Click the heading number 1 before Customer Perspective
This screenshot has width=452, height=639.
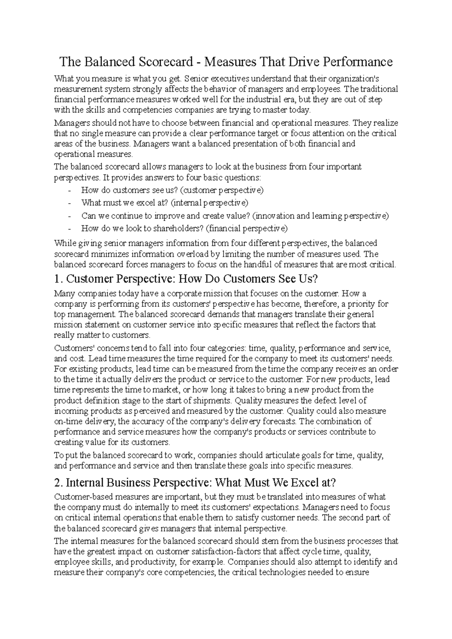pos(57,279)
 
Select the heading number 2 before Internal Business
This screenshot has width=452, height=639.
pos(58,482)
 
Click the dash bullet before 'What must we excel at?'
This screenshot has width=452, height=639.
pos(70,204)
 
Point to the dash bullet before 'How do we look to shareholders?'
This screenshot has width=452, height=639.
pos(70,229)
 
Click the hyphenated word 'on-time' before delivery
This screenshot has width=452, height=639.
pos(67,421)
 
